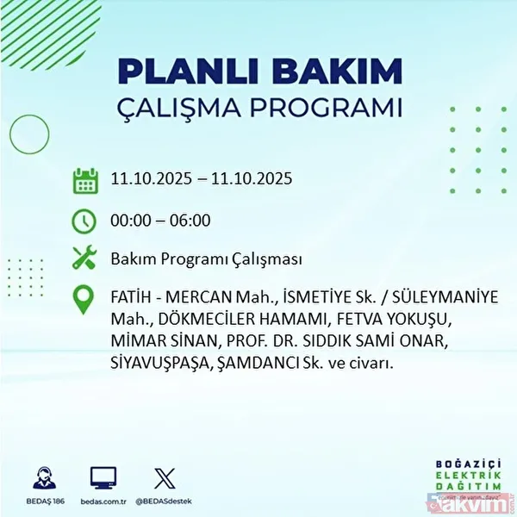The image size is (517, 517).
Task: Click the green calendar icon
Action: click(85, 181)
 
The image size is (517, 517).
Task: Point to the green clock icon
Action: click(85, 221)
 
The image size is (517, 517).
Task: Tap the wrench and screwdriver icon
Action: click(85, 258)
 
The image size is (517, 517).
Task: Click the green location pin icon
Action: click(85, 302)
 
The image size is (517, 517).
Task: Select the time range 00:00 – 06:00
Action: click(160, 221)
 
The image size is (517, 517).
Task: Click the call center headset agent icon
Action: click(40, 478)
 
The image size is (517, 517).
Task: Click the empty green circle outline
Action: click(28, 134)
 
